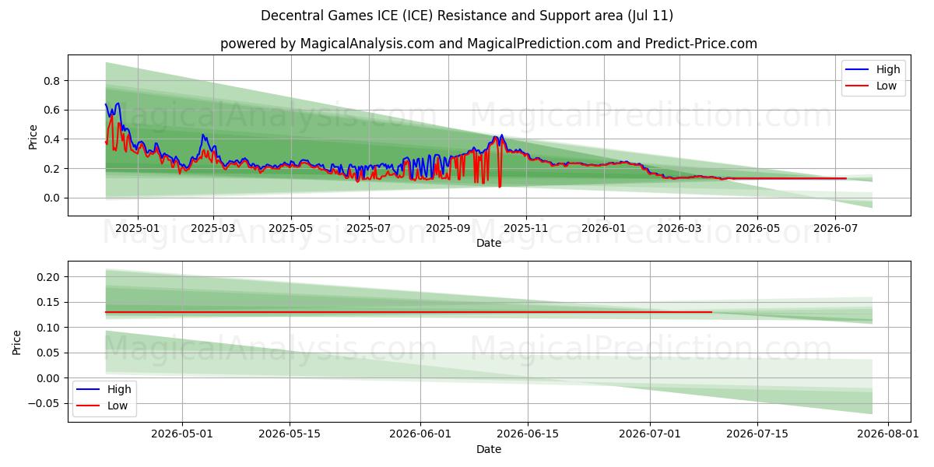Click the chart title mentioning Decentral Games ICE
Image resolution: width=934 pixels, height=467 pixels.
tap(466, 16)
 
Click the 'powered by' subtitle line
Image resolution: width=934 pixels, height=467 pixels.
tap(488, 44)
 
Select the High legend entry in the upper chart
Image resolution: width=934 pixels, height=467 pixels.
tap(873, 69)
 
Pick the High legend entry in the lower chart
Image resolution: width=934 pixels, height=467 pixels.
tap(104, 389)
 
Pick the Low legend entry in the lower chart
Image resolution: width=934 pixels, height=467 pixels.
tap(102, 406)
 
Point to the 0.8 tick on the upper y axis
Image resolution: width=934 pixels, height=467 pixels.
tap(51, 81)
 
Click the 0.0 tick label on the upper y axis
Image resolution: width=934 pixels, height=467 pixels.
tap(51, 198)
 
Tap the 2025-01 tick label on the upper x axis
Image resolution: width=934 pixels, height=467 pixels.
tap(137, 229)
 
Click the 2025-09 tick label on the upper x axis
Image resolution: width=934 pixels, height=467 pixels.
tap(448, 229)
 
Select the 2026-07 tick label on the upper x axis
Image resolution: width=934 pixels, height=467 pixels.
tap(835, 229)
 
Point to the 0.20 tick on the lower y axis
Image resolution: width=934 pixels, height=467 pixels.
tap(48, 277)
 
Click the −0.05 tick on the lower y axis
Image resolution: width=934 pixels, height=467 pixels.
tap(44, 404)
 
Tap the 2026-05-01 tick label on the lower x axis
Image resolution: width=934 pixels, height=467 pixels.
tap(182, 434)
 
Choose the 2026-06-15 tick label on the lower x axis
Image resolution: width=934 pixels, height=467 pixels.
tap(528, 434)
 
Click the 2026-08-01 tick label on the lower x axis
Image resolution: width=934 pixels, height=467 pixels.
tap(888, 434)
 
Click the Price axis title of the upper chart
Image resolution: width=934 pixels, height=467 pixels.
tap(33, 137)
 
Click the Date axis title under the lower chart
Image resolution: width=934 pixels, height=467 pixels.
tap(489, 450)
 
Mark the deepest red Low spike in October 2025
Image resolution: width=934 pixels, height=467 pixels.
tap(500, 186)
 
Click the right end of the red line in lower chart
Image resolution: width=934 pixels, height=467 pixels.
tap(711, 312)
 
